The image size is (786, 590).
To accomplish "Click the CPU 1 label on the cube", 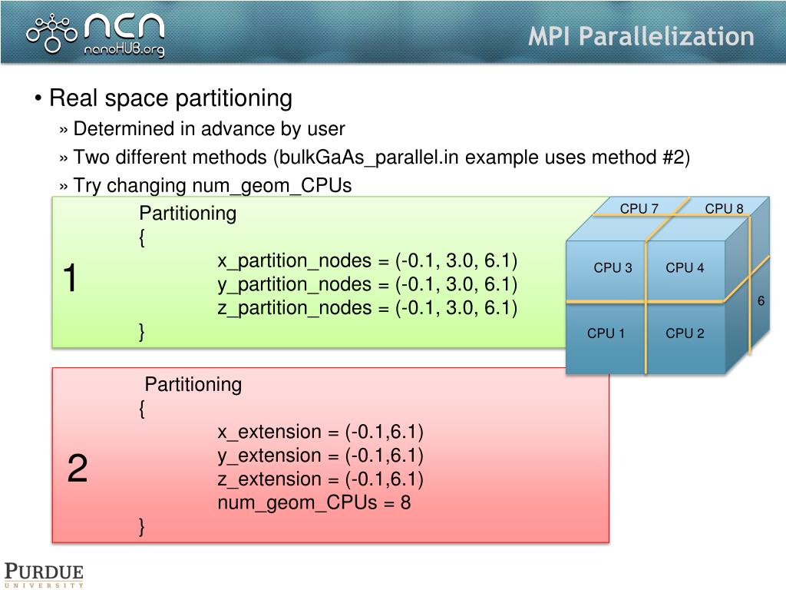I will pos(606,333).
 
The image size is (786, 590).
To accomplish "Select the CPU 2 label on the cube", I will pos(685,333).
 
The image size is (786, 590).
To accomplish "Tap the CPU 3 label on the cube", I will pos(613,268).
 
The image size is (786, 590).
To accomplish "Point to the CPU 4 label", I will pos(685,268).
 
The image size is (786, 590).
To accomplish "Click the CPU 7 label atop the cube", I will pos(639,208).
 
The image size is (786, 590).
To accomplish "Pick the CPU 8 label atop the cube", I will pos(724,208).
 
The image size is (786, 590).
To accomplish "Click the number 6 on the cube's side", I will pos(761,301).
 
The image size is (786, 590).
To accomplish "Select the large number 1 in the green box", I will pos(70,278).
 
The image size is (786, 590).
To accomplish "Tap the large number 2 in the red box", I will pos(77,469).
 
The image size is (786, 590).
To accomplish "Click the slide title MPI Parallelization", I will pos(640,36).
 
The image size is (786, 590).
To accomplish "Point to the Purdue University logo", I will pos(44,575).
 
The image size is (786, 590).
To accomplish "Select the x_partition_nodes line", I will pos(367,260).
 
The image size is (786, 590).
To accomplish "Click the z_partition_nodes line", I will pos(367,308).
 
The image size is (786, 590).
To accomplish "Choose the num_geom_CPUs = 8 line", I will pos(314,503).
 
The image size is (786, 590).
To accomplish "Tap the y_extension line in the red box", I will pos(320,456).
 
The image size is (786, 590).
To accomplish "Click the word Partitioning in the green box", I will pos(187,214).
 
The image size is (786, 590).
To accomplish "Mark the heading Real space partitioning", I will pos(170,98).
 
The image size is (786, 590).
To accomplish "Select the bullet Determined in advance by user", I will pos(209,129).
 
